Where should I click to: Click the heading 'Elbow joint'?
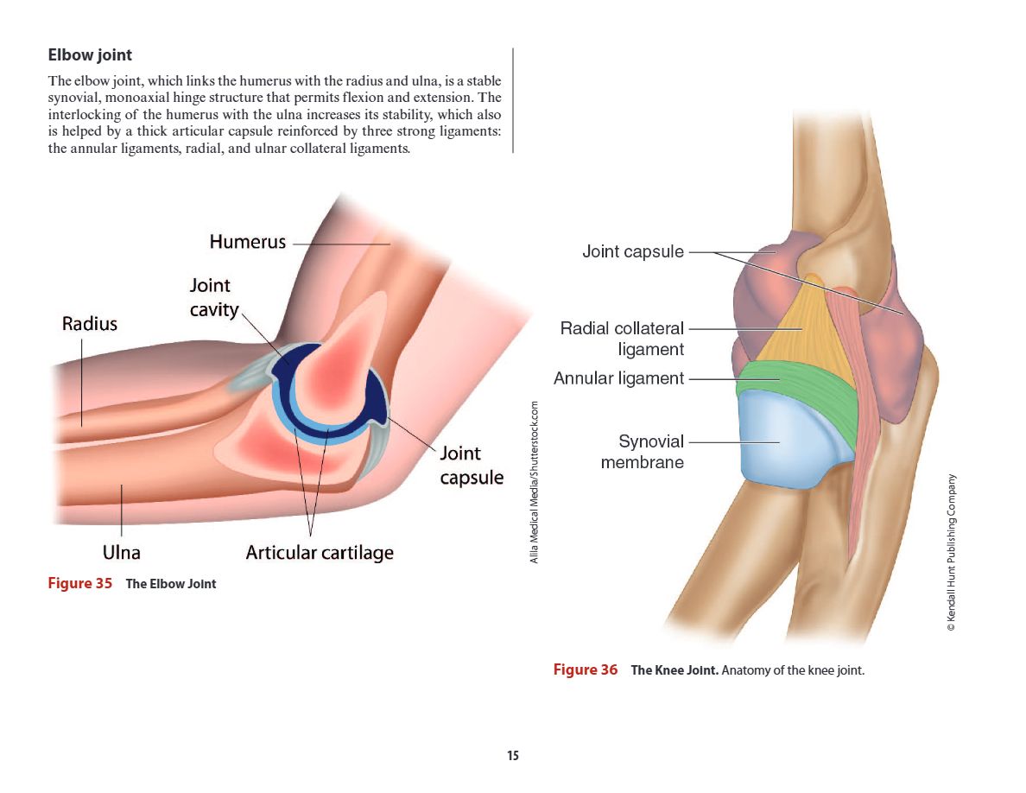(x=91, y=55)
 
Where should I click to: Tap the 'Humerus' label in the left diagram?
(x=247, y=242)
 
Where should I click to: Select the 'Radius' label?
(x=89, y=324)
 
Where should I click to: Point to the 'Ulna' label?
(x=122, y=552)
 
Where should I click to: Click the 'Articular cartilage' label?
(x=319, y=553)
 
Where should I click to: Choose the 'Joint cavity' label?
(x=211, y=297)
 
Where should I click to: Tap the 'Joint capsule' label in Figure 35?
(x=472, y=465)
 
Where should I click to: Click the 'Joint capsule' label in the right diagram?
(x=632, y=252)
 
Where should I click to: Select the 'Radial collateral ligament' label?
(x=622, y=339)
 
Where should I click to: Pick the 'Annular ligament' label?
(x=618, y=378)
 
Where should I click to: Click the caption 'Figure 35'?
(x=80, y=583)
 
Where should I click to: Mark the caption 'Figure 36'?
(x=586, y=669)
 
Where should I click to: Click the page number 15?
(x=513, y=756)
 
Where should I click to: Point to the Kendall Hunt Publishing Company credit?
(x=952, y=553)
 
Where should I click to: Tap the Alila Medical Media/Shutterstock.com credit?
(x=535, y=482)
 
